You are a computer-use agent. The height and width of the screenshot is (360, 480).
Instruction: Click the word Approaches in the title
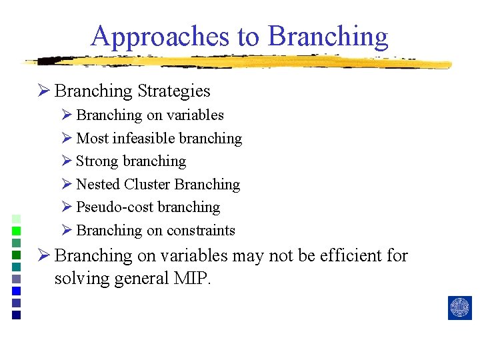pyautogui.click(x=161, y=36)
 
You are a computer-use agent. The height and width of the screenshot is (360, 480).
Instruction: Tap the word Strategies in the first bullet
pyautogui.click(x=173, y=91)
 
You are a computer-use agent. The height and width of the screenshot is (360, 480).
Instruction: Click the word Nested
pyautogui.click(x=98, y=185)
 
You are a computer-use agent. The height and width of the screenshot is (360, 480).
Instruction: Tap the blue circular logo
pyautogui.click(x=459, y=307)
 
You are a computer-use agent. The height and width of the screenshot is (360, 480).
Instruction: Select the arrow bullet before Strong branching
pyautogui.click(x=66, y=161)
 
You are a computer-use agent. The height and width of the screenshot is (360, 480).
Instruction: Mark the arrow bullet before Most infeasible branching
pyautogui.click(x=66, y=139)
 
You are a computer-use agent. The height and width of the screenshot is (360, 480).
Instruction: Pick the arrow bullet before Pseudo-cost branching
pyautogui.click(x=66, y=207)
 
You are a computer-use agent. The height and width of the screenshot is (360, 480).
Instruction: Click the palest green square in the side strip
pyautogui.click(x=17, y=219)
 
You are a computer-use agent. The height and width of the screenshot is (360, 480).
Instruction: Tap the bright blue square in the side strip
pyautogui.click(x=17, y=291)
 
